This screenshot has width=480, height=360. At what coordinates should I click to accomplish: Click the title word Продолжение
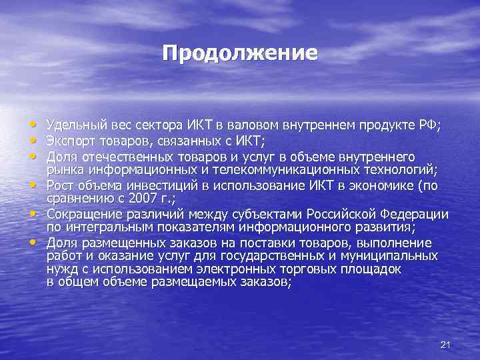click(239, 53)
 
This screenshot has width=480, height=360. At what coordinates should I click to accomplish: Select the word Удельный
click(71, 125)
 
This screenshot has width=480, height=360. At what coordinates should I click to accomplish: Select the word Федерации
click(413, 214)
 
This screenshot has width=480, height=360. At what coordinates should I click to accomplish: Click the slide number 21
click(447, 344)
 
